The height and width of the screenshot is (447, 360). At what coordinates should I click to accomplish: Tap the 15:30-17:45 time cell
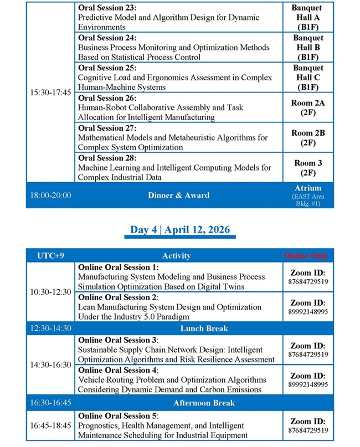click(50, 92)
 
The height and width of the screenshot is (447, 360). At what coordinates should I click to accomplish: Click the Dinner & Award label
click(178, 195)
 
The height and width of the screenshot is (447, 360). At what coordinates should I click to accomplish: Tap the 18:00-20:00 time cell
click(50, 195)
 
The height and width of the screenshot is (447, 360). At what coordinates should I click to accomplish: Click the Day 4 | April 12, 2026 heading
click(180, 229)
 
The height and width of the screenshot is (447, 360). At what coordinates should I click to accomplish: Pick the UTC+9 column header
click(50, 255)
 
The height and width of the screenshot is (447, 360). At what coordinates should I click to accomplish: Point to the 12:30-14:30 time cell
click(50, 328)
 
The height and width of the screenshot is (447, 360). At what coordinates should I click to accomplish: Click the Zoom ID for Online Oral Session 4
click(308, 380)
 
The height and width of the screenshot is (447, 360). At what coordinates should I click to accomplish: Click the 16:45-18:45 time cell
click(50, 425)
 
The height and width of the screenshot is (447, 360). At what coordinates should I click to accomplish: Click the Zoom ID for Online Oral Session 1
click(308, 277)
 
